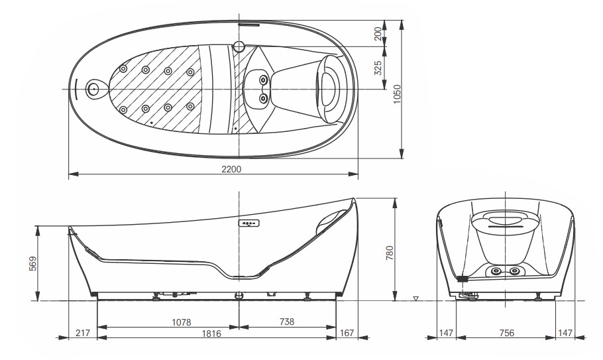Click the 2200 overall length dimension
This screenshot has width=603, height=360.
click(231, 169)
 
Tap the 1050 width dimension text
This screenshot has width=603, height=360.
click(398, 93)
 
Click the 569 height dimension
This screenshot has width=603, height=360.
click(33, 263)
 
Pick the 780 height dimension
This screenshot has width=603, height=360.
click(390, 253)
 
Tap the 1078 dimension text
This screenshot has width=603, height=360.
click(181, 322)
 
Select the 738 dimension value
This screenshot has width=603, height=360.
click(286, 321)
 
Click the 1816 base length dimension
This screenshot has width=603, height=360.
click(211, 333)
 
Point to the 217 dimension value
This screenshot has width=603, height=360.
click(82, 332)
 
